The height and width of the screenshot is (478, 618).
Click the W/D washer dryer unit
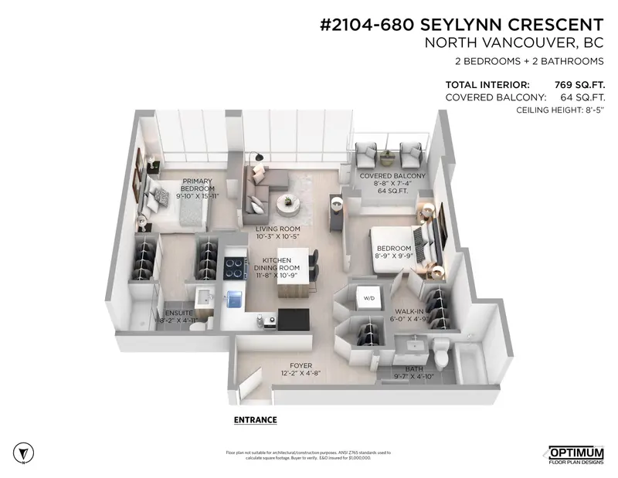click(x=364, y=297)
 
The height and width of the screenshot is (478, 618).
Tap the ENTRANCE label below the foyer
click(x=254, y=420)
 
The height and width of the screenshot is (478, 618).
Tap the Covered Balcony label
click(x=393, y=176)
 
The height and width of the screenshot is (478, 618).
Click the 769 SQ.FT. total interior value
click(x=579, y=84)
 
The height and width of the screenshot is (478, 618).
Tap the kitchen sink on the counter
click(x=235, y=296)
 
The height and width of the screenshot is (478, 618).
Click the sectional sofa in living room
click(x=255, y=193)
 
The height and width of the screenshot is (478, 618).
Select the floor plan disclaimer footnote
click(x=308, y=455)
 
